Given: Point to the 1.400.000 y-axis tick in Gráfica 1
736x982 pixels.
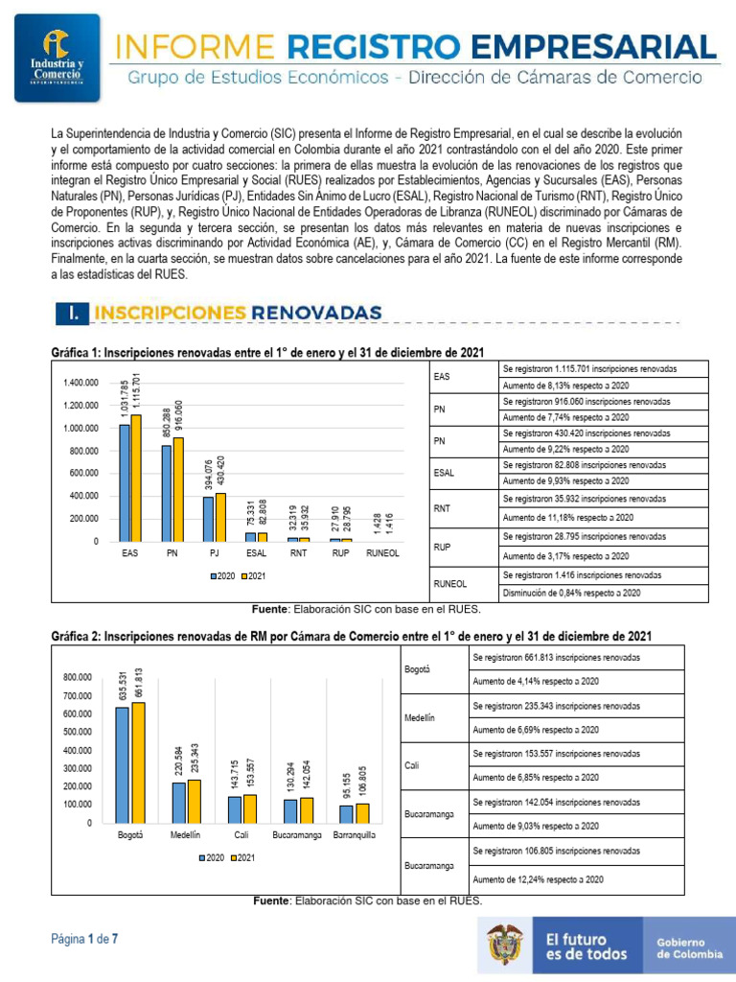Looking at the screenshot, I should coord(80,383).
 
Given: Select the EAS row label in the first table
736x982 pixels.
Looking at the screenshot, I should coord(442,378).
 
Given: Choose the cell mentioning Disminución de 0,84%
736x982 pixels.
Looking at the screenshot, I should coord(566,593).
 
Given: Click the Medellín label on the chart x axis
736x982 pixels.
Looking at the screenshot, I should coord(185,835).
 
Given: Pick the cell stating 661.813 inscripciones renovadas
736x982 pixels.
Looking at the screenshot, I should coord(557,658).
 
